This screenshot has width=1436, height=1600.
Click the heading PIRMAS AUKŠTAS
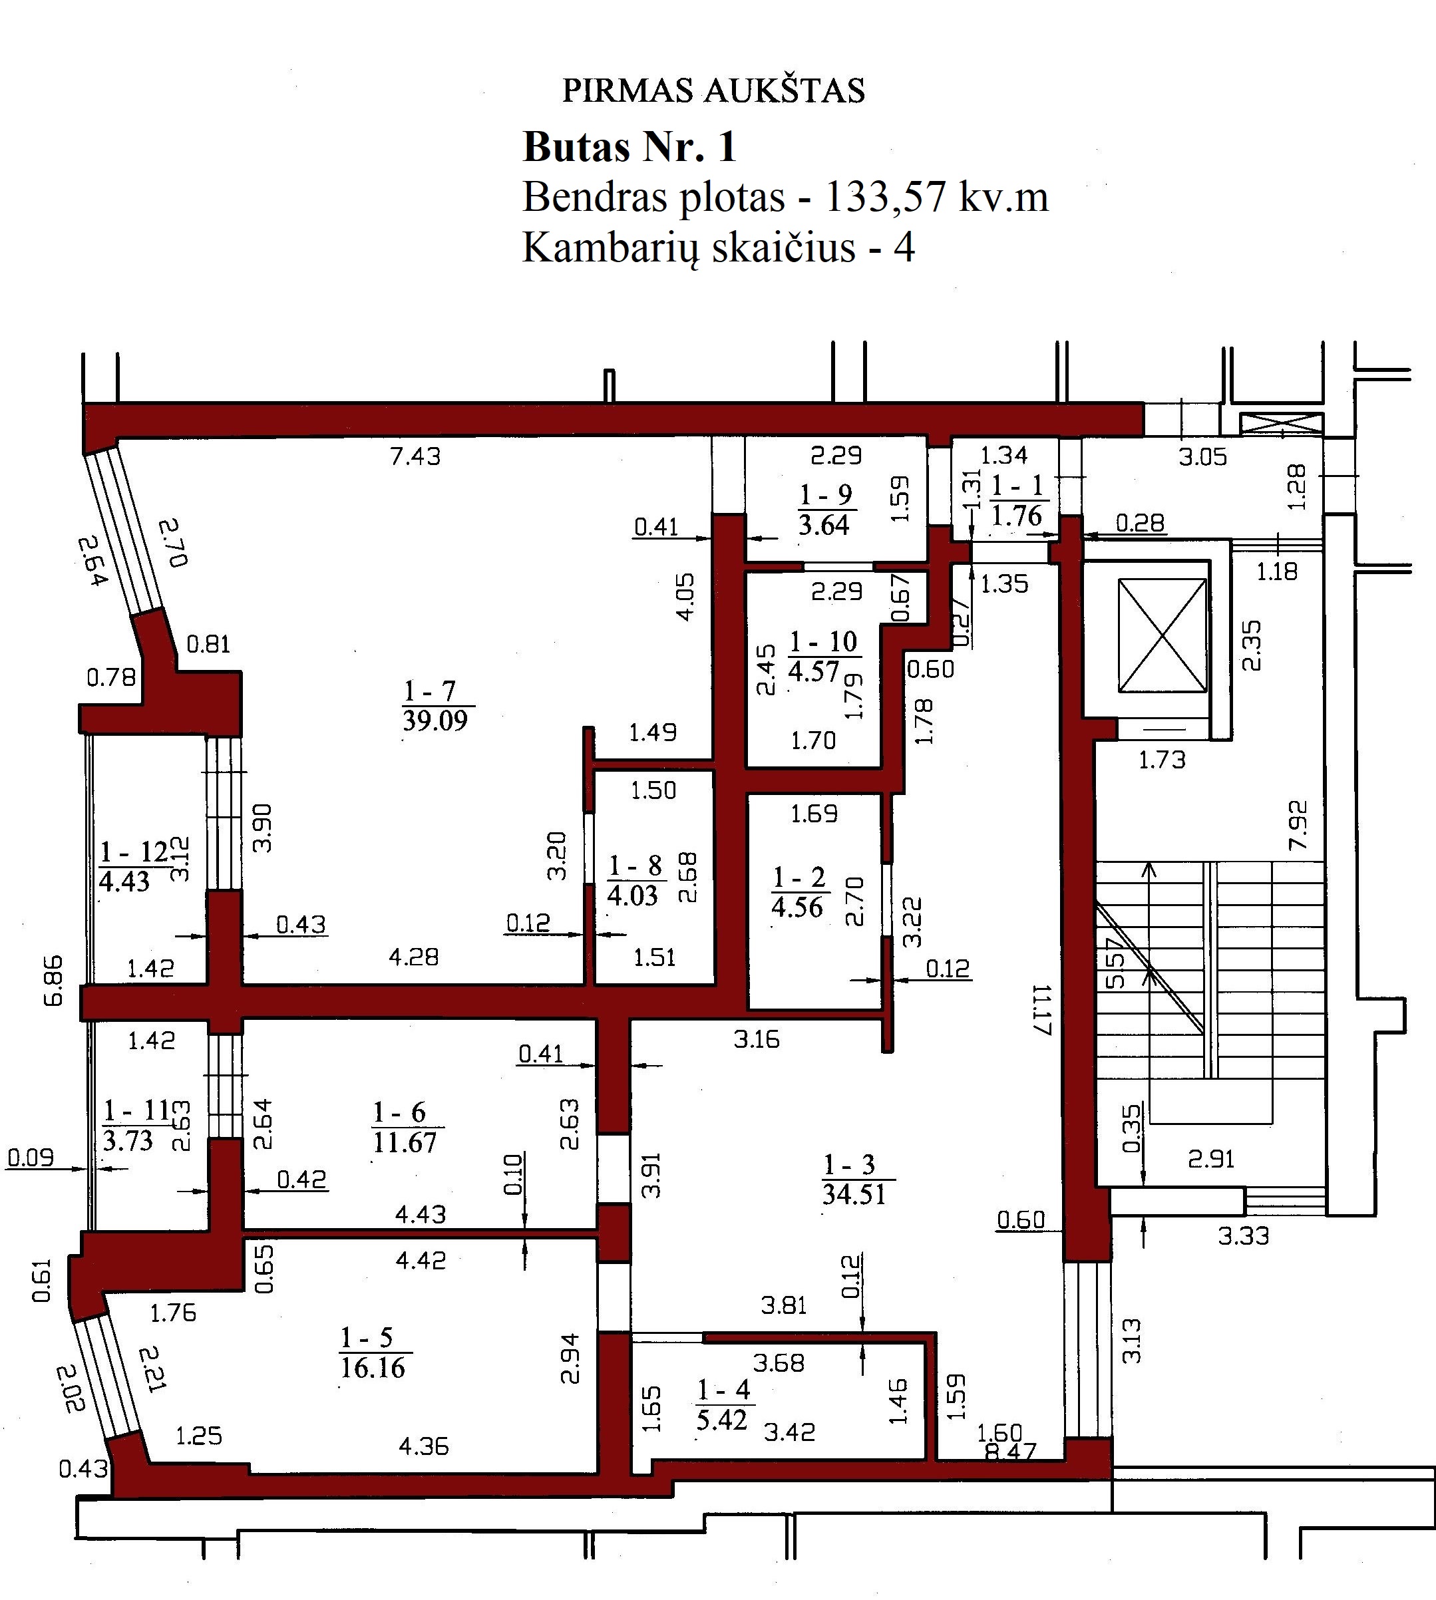tap(713, 90)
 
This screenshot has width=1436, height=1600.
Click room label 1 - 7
tap(430, 691)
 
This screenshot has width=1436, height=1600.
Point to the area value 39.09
tap(435, 720)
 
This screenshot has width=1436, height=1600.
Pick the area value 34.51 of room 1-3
tap(854, 1194)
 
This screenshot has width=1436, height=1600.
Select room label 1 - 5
tap(366, 1337)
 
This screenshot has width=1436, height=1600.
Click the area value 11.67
tap(404, 1142)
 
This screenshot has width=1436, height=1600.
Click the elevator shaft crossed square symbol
tap(1163, 636)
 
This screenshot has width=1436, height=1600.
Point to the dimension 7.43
tap(416, 456)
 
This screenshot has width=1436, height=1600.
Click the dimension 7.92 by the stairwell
tap(1297, 825)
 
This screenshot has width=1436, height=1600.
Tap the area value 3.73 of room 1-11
tap(128, 1140)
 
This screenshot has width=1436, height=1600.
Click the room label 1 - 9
tap(826, 495)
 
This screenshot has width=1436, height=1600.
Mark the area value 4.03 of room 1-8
tap(632, 896)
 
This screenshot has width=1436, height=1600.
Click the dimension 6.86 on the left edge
tap(53, 981)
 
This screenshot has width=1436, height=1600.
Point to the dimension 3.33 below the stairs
tap(1244, 1235)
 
